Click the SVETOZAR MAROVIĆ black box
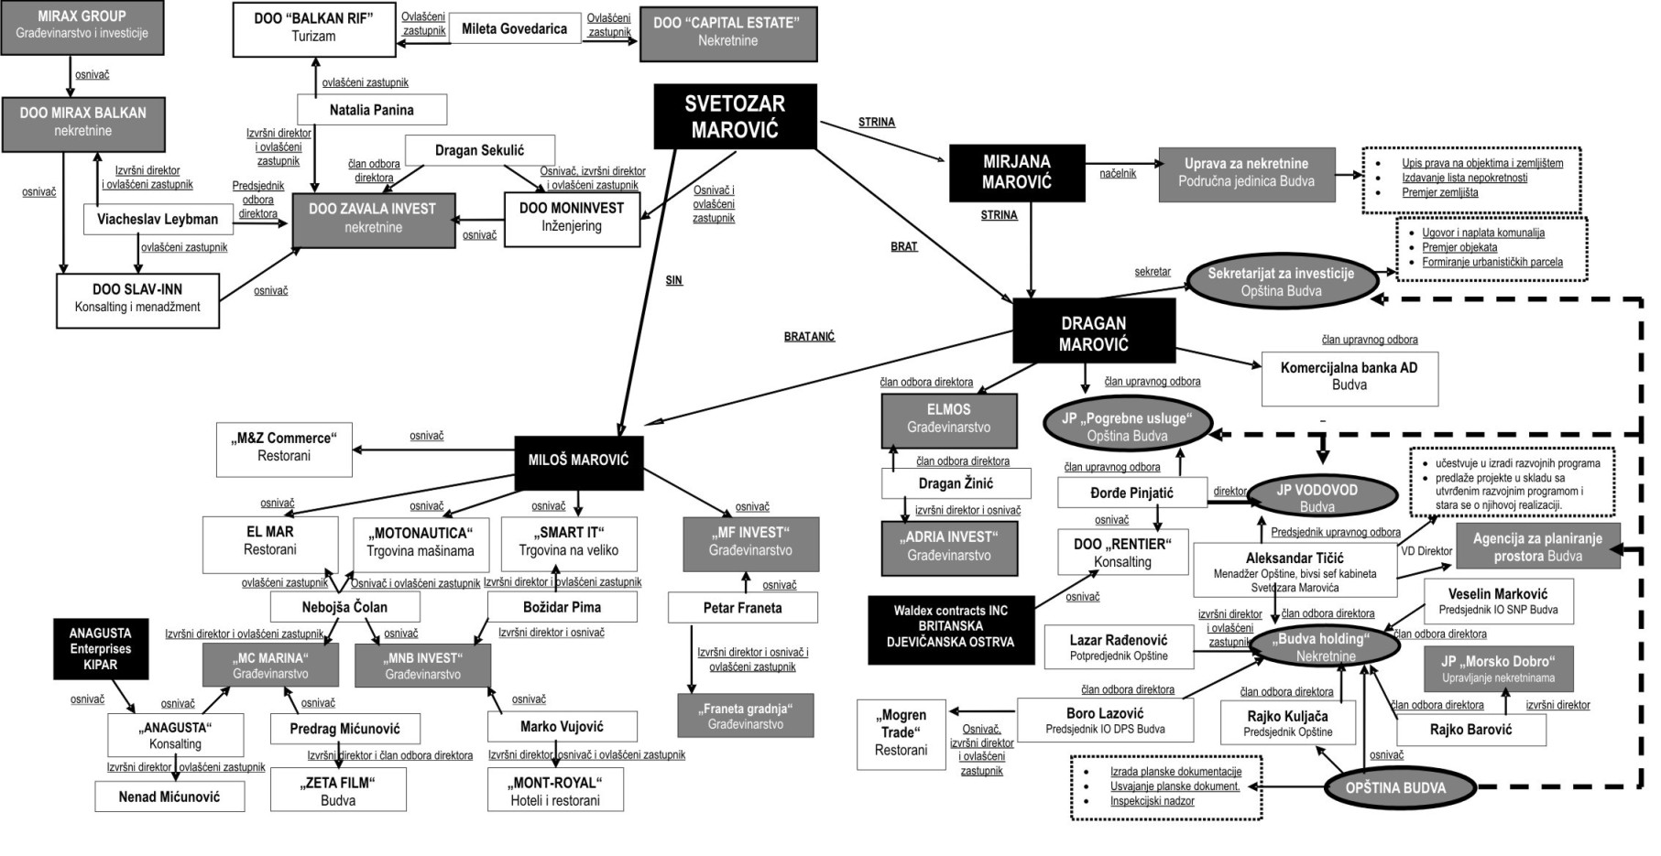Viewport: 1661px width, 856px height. pos(735,116)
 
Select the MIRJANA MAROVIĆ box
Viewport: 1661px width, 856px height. pos(1017,172)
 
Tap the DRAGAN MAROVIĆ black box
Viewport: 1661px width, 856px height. pos(1094,333)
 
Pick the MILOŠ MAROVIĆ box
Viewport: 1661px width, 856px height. pos(578,460)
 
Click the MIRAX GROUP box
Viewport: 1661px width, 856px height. pos(82,25)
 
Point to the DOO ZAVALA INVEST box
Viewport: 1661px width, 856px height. pos(373,218)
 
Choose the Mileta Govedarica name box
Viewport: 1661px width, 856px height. pos(514,28)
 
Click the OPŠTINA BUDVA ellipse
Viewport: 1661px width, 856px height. pos(1395,787)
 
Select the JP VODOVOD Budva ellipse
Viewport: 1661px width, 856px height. pos(1317,498)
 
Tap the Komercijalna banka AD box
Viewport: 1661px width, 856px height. pos(1349,376)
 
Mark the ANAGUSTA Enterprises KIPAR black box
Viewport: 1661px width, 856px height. pos(100,648)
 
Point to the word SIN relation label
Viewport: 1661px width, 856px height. pos(673,280)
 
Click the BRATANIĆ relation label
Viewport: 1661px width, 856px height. pos(809,337)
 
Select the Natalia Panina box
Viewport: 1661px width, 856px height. pos(371,110)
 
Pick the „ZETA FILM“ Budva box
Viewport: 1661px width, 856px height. pos(338,791)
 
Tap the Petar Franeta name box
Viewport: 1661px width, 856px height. pos(742,608)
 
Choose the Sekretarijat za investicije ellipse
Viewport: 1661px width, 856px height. pos(1281,281)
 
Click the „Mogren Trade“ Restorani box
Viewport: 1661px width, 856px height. pos(901,732)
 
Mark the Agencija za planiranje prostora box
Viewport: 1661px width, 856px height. pos(1537,547)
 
